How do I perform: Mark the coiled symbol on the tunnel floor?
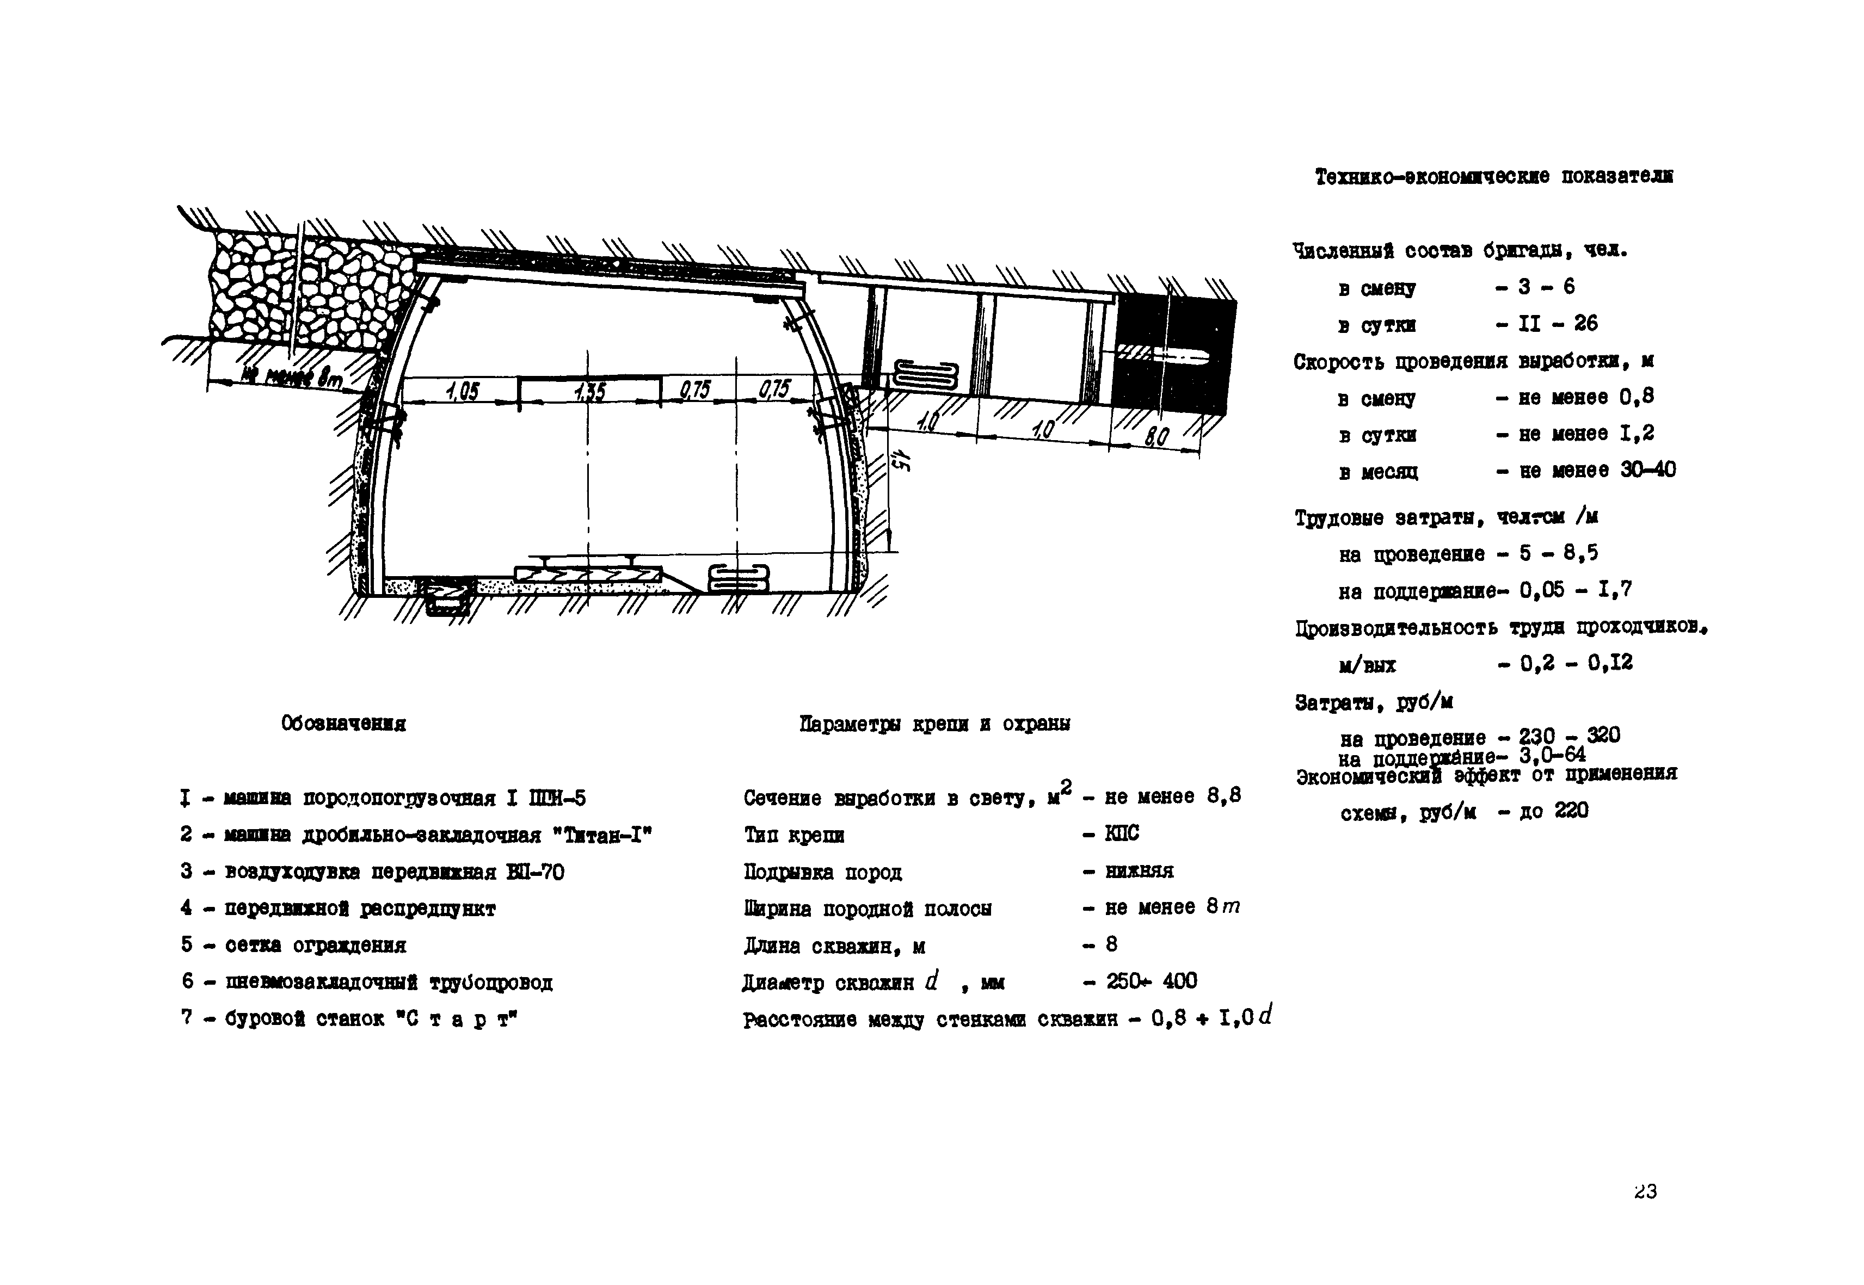738,579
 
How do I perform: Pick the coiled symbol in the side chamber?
926,376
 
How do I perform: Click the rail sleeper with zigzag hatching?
588,574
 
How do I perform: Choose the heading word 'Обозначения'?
344,724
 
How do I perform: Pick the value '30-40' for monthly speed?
1648,470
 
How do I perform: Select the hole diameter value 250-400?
1152,981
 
